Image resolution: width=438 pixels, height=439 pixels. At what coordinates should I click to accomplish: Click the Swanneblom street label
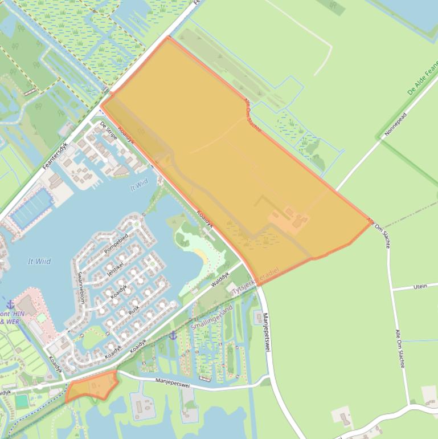(80, 286)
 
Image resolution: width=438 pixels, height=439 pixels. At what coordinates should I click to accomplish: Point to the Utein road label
(420, 286)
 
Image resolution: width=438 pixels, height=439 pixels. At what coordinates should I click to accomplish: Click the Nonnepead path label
(396, 124)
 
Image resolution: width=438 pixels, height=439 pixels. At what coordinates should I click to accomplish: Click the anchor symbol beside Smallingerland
(173, 335)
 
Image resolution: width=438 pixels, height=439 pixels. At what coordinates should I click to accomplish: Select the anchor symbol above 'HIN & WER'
(10, 304)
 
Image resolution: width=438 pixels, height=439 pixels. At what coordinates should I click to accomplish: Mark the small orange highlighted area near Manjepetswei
(91, 387)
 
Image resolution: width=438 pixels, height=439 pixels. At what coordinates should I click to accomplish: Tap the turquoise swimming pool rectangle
(22, 401)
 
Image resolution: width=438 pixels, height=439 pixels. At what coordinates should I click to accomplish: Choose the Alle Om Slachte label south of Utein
(399, 348)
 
